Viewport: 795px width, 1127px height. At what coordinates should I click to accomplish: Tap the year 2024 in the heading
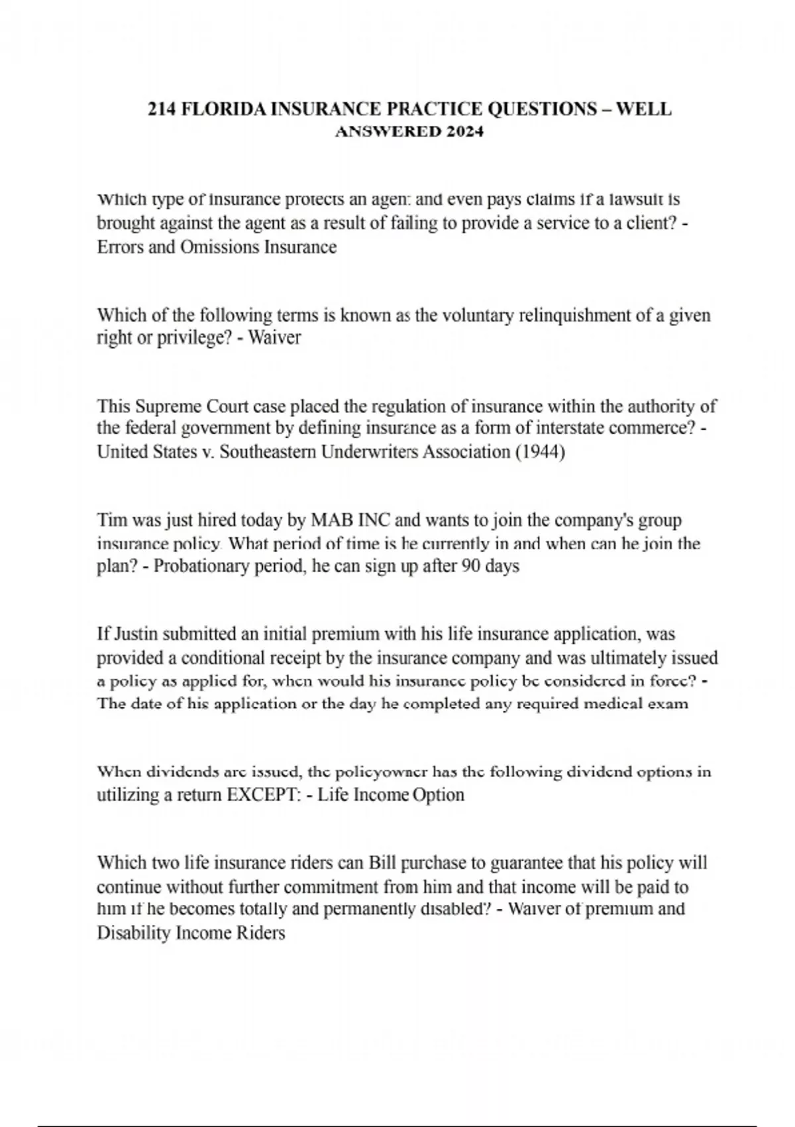coord(464,131)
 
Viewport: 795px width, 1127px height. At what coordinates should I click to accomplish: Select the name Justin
coord(136,634)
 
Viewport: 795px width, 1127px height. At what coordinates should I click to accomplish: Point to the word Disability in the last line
coord(134,933)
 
